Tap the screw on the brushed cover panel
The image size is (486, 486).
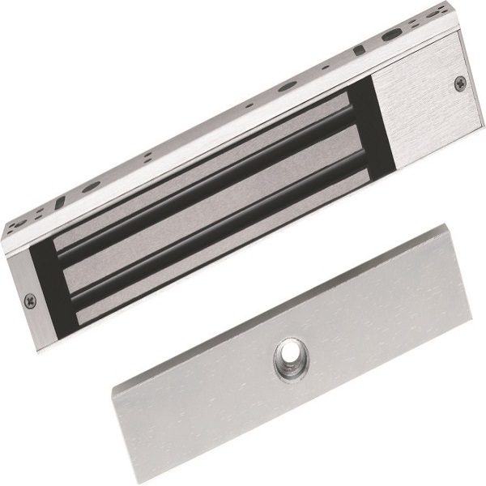459,82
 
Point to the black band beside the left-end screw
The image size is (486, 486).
47,292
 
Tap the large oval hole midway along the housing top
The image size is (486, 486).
288,88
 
